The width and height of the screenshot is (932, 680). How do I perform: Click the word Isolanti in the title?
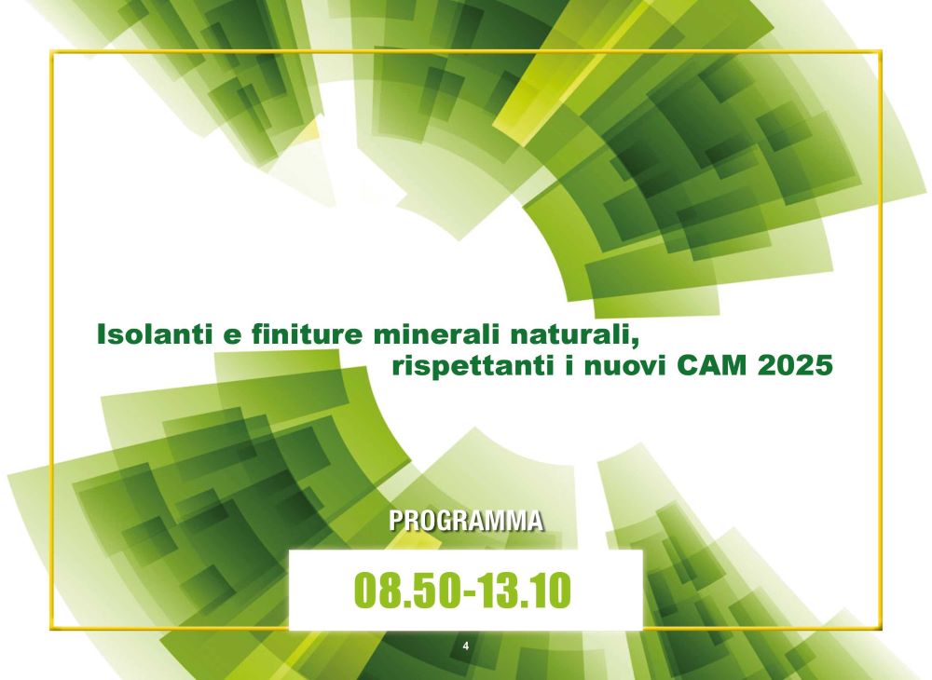pyautogui.click(x=154, y=333)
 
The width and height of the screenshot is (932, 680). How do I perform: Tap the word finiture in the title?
pyautogui.click(x=307, y=333)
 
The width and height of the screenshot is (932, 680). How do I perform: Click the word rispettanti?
pyautogui.click(x=470, y=366)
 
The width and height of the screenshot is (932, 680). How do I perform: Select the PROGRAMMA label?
pyautogui.click(x=466, y=521)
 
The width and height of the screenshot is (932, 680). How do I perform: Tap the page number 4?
pyautogui.click(x=465, y=646)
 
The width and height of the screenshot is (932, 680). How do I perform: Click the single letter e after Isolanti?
pyautogui.click(x=232, y=336)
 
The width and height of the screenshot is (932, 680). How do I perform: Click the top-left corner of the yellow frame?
pyautogui.click(x=51, y=51)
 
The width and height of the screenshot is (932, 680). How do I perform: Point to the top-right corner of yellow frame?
pyautogui.click(x=881, y=51)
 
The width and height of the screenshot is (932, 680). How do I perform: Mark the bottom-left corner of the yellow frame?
pyautogui.click(x=51, y=628)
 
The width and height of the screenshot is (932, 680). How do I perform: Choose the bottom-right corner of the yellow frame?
pyautogui.click(x=881, y=628)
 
